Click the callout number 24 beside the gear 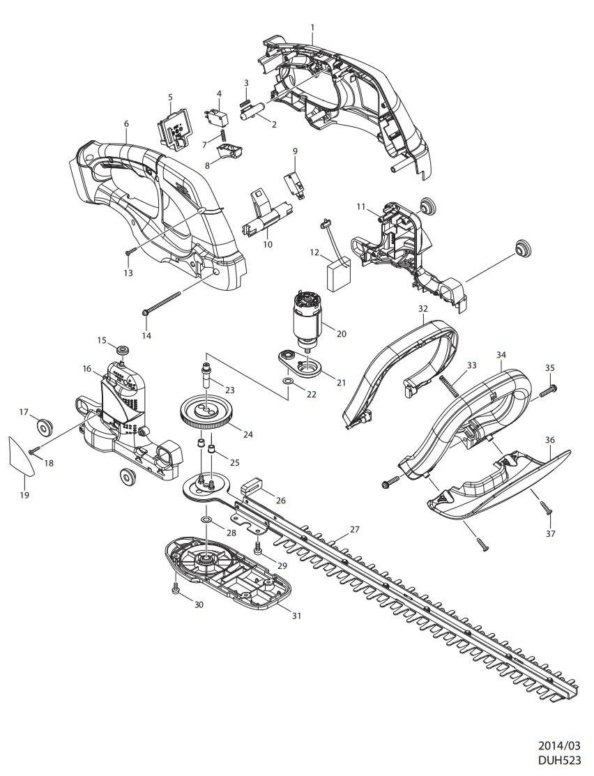(247, 434)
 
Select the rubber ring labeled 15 (123, 349)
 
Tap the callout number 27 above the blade (354, 530)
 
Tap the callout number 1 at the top (313, 27)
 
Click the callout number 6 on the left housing (126, 123)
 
